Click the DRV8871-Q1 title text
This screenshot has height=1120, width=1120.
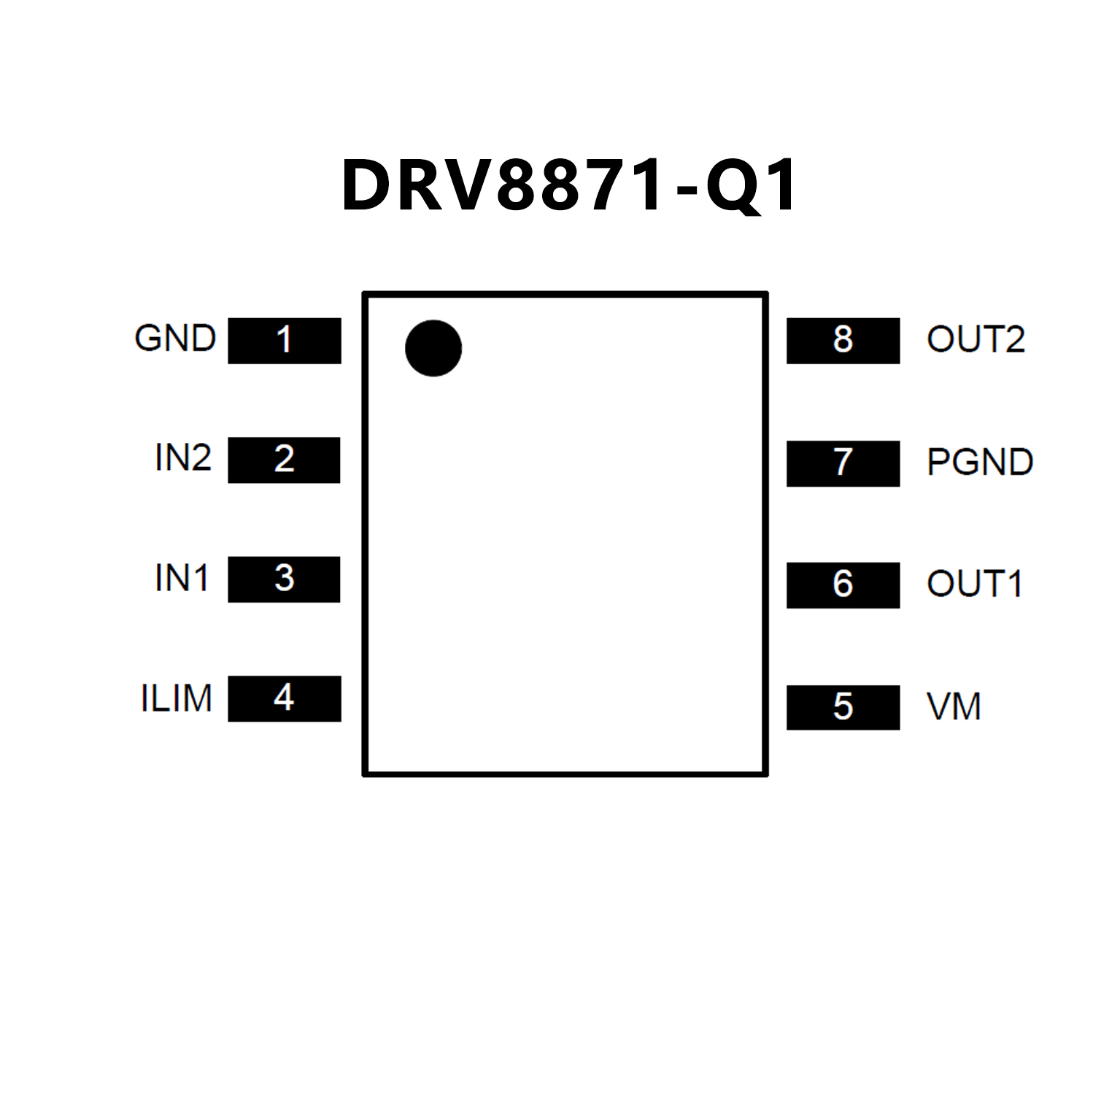pyautogui.click(x=569, y=186)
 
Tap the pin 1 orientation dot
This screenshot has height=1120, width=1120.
pyautogui.click(x=433, y=348)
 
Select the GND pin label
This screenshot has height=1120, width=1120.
pyautogui.click(x=175, y=339)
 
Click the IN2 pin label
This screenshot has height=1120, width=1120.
pyautogui.click(x=183, y=458)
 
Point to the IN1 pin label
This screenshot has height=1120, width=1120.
pyautogui.click(x=182, y=578)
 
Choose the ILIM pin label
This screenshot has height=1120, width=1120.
pyautogui.click(x=177, y=698)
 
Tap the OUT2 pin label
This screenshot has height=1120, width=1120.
pyautogui.click(x=976, y=339)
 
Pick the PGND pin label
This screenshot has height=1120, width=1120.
pyautogui.click(x=980, y=462)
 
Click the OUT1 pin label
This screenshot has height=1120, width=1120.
pyautogui.click(x=974, y=584)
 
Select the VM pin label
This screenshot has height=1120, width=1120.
pyautogui.click(x=954, y=706)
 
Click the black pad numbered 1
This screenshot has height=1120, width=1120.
pyautogui.click(x=285, y=340)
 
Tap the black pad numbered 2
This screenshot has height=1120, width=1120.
pyautogui.click(x=284, y=460)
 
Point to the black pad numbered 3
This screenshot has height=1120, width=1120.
pyautogui.click(x=284, y=579)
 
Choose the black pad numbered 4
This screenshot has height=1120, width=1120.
pyautogui.click(x=285, y=698)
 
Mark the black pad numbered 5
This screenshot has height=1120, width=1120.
pyautogui.click(x=843, y=707)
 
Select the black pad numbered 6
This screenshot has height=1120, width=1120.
pyautogui.click(x=843, y=584)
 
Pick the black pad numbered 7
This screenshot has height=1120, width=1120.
pyautogui.click(x=843, y=463)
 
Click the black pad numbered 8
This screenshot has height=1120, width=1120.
pyautogui.click(x=843, y=340)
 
